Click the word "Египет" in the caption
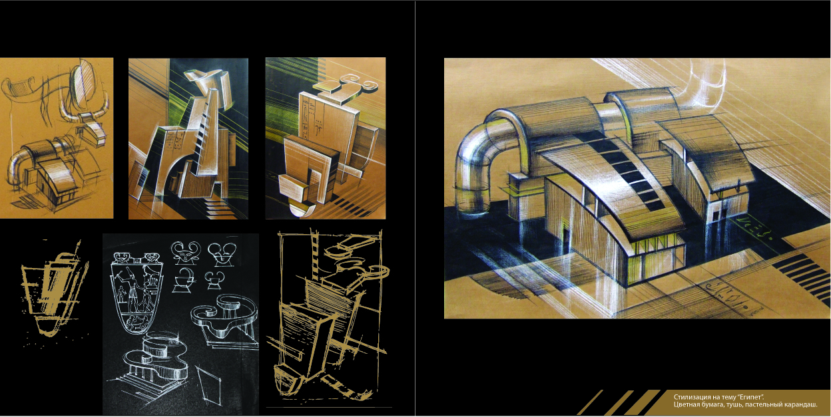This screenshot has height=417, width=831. coord(747,397)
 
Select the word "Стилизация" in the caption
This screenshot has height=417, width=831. coord(688,397)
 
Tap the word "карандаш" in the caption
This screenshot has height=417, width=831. coord(803,404)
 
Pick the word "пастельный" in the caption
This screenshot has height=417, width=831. coord(770,404)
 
